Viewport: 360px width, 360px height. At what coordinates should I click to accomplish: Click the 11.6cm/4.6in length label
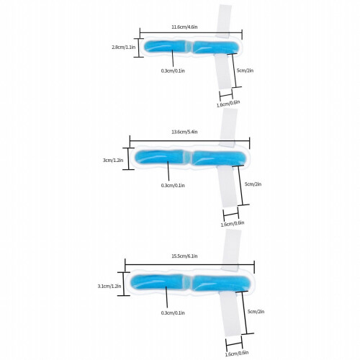pos(184,27)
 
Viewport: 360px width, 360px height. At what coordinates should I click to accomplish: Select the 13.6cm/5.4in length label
pos(184,132)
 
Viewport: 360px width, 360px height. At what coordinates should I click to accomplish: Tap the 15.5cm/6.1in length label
pos(184,256)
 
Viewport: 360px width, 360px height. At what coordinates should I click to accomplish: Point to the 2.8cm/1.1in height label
pos(123,47)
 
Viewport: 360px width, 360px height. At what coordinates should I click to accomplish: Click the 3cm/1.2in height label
pos(113,160)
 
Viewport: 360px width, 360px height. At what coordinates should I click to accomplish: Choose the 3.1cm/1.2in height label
pos(109,286)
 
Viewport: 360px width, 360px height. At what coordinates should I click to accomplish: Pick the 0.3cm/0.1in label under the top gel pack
pos(173,71)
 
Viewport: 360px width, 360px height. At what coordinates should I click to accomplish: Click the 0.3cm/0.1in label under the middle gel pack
pos(173,185)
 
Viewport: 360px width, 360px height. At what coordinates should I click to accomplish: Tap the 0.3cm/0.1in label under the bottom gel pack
pos(173,312)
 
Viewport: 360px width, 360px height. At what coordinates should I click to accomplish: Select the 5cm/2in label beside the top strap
pos(245,71)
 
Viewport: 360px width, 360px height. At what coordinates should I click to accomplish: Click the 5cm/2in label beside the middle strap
pos(253,184)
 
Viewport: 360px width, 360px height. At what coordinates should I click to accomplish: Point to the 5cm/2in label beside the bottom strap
pos(256,312)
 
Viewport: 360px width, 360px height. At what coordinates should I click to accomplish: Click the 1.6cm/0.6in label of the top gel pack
pos(228,104)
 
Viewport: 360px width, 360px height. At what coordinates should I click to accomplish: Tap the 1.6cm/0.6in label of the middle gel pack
pos(233,224)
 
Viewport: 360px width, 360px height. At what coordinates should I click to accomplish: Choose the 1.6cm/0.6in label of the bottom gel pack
pos(237,354)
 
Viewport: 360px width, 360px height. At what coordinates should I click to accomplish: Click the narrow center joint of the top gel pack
pos(189,47)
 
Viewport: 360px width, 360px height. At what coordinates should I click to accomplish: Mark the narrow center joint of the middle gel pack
pos(187,158)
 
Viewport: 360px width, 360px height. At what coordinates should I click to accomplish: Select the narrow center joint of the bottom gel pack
pos(186,282)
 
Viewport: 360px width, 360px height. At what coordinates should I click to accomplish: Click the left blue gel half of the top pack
pos(165,47)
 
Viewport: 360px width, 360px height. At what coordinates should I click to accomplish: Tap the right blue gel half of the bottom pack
pos(221,283)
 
